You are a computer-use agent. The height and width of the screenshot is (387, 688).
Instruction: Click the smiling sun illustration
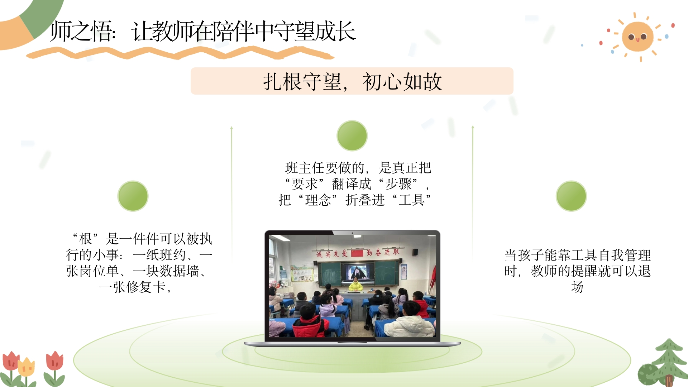tap(637, 37)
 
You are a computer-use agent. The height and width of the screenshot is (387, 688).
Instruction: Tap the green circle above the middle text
tap(352, 135)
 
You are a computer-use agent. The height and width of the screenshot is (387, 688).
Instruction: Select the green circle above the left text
tap(133, 196)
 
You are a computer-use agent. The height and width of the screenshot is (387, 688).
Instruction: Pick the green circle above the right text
tap(571, 196)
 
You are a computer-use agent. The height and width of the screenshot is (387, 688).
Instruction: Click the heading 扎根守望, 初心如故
tap(352, 82)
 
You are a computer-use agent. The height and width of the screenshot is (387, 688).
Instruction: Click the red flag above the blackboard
tap(357, 253)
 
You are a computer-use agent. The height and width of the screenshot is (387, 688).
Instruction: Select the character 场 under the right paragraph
tap(577, 287)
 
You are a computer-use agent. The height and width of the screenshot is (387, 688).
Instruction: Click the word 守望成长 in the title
tap(314, 31)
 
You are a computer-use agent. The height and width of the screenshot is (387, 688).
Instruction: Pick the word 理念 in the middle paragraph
tap(318, 200)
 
